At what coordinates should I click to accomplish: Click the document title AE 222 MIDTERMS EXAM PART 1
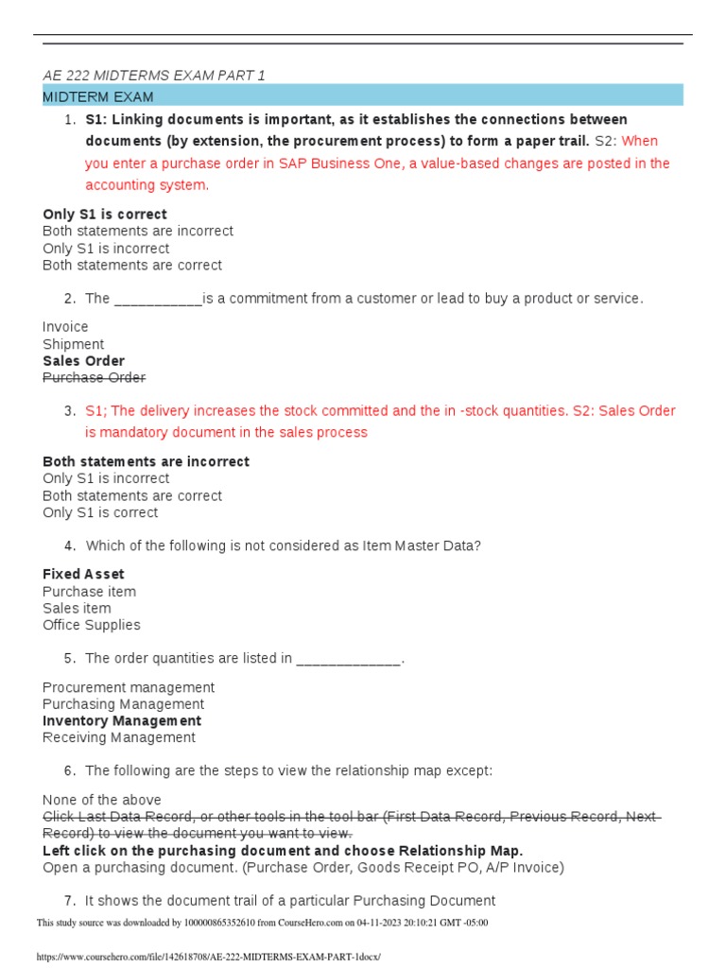(154, 76)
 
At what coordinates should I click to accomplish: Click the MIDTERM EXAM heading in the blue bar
(98, 96)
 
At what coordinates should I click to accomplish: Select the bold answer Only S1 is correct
(105, 215)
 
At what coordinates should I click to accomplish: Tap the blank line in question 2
(158, 300)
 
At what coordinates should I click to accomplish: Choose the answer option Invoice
(65, 327)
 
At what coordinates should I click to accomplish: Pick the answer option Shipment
(74, 344)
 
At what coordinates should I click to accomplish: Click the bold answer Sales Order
(83, 361)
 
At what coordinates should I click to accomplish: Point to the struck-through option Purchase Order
(95, 378)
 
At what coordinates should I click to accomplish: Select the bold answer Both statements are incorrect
(146, 462)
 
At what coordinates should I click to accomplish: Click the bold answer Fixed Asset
(83, 575)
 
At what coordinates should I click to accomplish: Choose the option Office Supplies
(92, 625)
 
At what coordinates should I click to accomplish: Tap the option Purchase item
(89, 592)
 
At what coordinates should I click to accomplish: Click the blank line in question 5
(349, 659)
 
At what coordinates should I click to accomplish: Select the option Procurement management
(129, 687)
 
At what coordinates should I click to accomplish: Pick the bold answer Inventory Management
(122, 721)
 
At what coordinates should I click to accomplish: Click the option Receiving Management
(119, 737)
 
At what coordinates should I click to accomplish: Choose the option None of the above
(102, 800)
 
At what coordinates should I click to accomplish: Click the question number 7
(70, 901)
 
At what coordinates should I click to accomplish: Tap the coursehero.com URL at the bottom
(208, 957)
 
